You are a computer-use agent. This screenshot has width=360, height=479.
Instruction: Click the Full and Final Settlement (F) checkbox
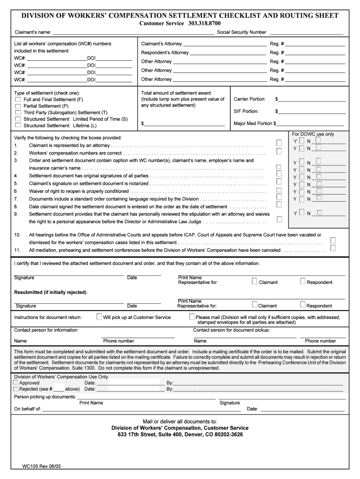18,100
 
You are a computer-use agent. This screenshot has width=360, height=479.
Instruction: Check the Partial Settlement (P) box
18,106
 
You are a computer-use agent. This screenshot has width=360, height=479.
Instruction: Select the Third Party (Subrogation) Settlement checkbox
18,113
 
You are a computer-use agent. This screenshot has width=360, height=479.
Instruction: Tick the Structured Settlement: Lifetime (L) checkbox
18,125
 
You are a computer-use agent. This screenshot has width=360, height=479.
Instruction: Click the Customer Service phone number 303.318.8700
205,23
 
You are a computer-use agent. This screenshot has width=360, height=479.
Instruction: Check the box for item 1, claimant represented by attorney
279,142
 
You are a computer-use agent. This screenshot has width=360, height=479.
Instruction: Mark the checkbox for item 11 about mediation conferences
333,248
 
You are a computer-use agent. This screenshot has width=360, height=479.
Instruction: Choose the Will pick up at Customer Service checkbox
99,317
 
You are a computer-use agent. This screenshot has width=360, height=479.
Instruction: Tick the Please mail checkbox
192,317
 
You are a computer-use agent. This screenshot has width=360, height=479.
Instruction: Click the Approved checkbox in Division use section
16,383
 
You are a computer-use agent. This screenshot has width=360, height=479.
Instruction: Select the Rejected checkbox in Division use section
16,389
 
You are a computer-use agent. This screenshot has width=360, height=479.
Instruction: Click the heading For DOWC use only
313,134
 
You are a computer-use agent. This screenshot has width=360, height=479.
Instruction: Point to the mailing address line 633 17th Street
180,435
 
